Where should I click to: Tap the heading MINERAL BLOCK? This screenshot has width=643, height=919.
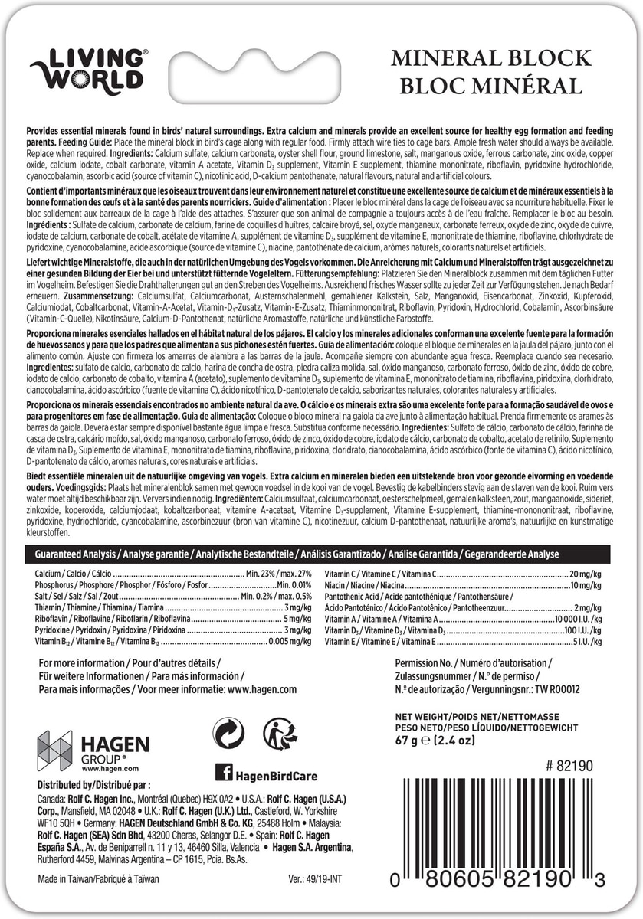click(491, 58)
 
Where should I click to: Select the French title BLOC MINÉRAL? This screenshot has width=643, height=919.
click(487, 85)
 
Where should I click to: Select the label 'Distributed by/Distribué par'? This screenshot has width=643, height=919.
click(94, 785)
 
